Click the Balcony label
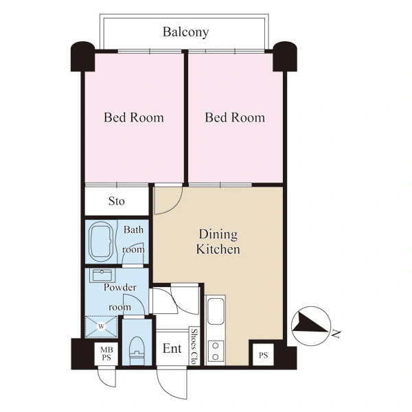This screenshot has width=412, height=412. [x=186, y=32]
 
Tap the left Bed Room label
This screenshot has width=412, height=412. [x=134, y=117]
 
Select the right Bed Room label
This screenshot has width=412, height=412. [x=235, y=117]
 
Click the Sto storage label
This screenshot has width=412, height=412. [x=117, y=201]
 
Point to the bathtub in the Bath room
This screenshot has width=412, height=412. [x=102, y=242]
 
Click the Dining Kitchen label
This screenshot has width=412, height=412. [x=218, y=242]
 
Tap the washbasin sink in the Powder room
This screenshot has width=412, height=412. [x=102, y=275]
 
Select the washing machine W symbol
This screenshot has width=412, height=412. [x=101, y=327]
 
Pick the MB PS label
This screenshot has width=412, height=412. [x=106, y=354]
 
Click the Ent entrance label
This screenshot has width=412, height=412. [x=172, y=349]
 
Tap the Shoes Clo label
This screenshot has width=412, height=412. [x=194, y=346]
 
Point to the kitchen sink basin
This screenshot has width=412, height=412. [x=216, y=310]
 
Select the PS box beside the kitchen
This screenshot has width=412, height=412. [x=263, y=355]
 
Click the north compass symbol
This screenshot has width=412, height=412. [x=311, y=326]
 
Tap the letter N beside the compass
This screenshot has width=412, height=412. [x=336, y=334]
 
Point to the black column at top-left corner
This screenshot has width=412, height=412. [x=83, y=56]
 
